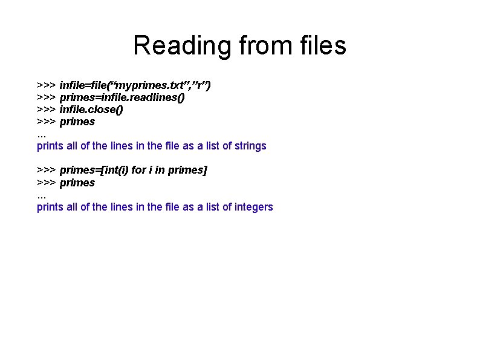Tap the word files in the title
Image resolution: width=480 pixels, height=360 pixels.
tap(318, 45)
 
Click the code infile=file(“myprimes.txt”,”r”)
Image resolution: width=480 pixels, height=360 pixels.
tap(135, 85)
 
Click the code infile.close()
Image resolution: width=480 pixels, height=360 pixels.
tap(91, 110)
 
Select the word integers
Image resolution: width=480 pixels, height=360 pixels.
tap(253, 207)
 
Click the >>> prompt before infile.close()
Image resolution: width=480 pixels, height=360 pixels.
tap(47, 110)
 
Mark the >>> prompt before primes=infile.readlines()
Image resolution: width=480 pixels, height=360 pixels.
tap(47, 97)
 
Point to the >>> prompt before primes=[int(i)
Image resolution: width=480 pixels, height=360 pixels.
tap(47, 170)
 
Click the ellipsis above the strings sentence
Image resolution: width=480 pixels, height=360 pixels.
tap(41, 134)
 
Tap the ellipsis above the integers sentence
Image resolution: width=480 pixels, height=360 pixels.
tap(41, 195)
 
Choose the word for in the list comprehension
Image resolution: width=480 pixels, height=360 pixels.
tap(138, 170)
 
